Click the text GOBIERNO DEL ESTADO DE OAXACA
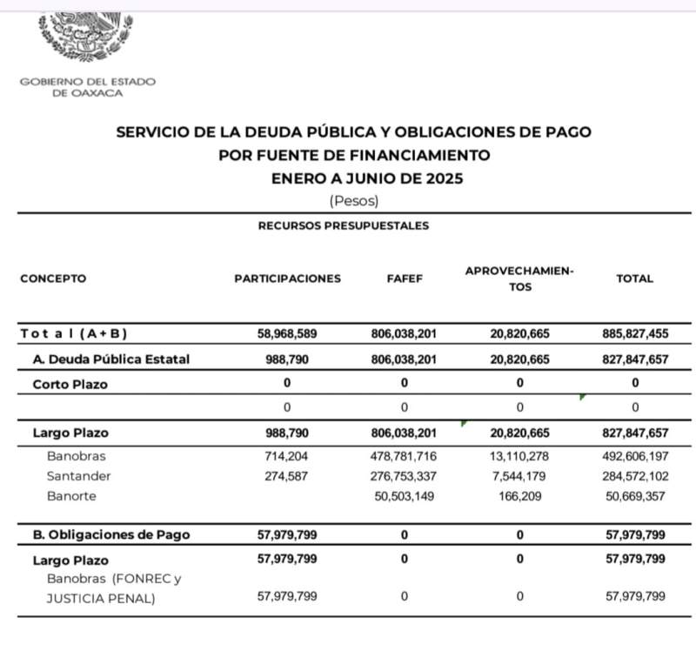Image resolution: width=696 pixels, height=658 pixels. point(87,87)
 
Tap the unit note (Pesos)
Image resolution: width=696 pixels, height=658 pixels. point(354,200)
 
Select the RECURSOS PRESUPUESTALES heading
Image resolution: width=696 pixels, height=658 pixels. point(343,225)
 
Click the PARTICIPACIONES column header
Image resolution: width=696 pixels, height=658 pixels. point(287,279)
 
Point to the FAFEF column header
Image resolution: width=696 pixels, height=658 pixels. point(405,279)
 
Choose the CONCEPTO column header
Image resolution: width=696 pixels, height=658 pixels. point(53,279)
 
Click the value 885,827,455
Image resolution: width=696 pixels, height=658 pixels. point(634,334)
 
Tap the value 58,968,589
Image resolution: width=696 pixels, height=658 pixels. point(287,334)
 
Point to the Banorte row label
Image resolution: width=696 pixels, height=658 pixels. point(72,496)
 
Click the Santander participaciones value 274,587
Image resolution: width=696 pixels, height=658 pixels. point(287,475)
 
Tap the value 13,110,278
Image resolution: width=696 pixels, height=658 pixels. point(519,454)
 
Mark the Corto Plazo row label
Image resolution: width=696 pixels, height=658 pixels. point(70,384)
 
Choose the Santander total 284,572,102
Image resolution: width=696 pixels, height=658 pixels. point(634,475)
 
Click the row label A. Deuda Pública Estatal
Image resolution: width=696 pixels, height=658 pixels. point(110,359)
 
